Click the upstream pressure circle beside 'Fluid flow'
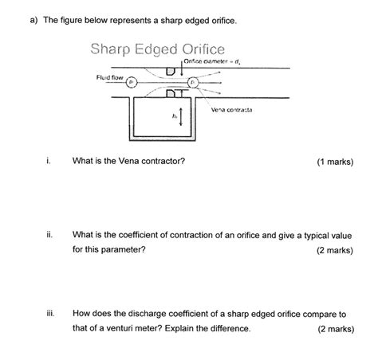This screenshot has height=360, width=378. pyautogui.click(x=132, y=82)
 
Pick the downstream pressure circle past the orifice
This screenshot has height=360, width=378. pyautogui.click(x=192, y=82)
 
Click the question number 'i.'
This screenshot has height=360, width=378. pyautogui.click(x=49, y=161)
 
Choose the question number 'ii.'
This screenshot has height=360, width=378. pyautogui.click(x=49, y=235)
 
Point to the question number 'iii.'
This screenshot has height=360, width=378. pyautogui.click(x=50, y=313)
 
